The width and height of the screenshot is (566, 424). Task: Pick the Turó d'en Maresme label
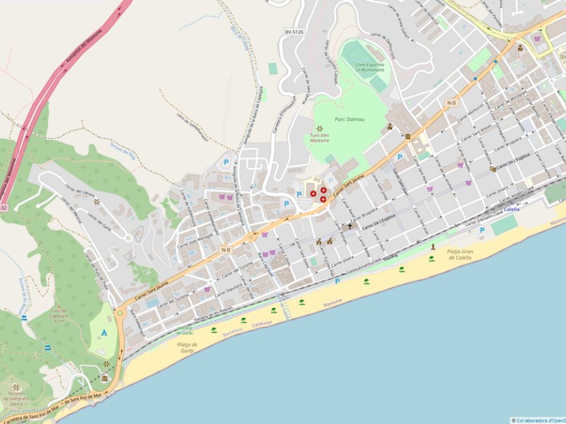tap(320, 137)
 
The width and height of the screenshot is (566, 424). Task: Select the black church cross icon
tap(349, 227)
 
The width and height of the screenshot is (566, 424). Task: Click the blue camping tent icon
tap(104, 331)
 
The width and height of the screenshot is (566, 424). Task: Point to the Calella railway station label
tap(512, 210)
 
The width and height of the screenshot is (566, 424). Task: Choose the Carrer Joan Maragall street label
tap(196, 238)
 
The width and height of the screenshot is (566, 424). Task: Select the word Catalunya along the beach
tap(262, 323)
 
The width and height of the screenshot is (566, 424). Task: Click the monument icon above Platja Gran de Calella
tap(433, 246)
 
